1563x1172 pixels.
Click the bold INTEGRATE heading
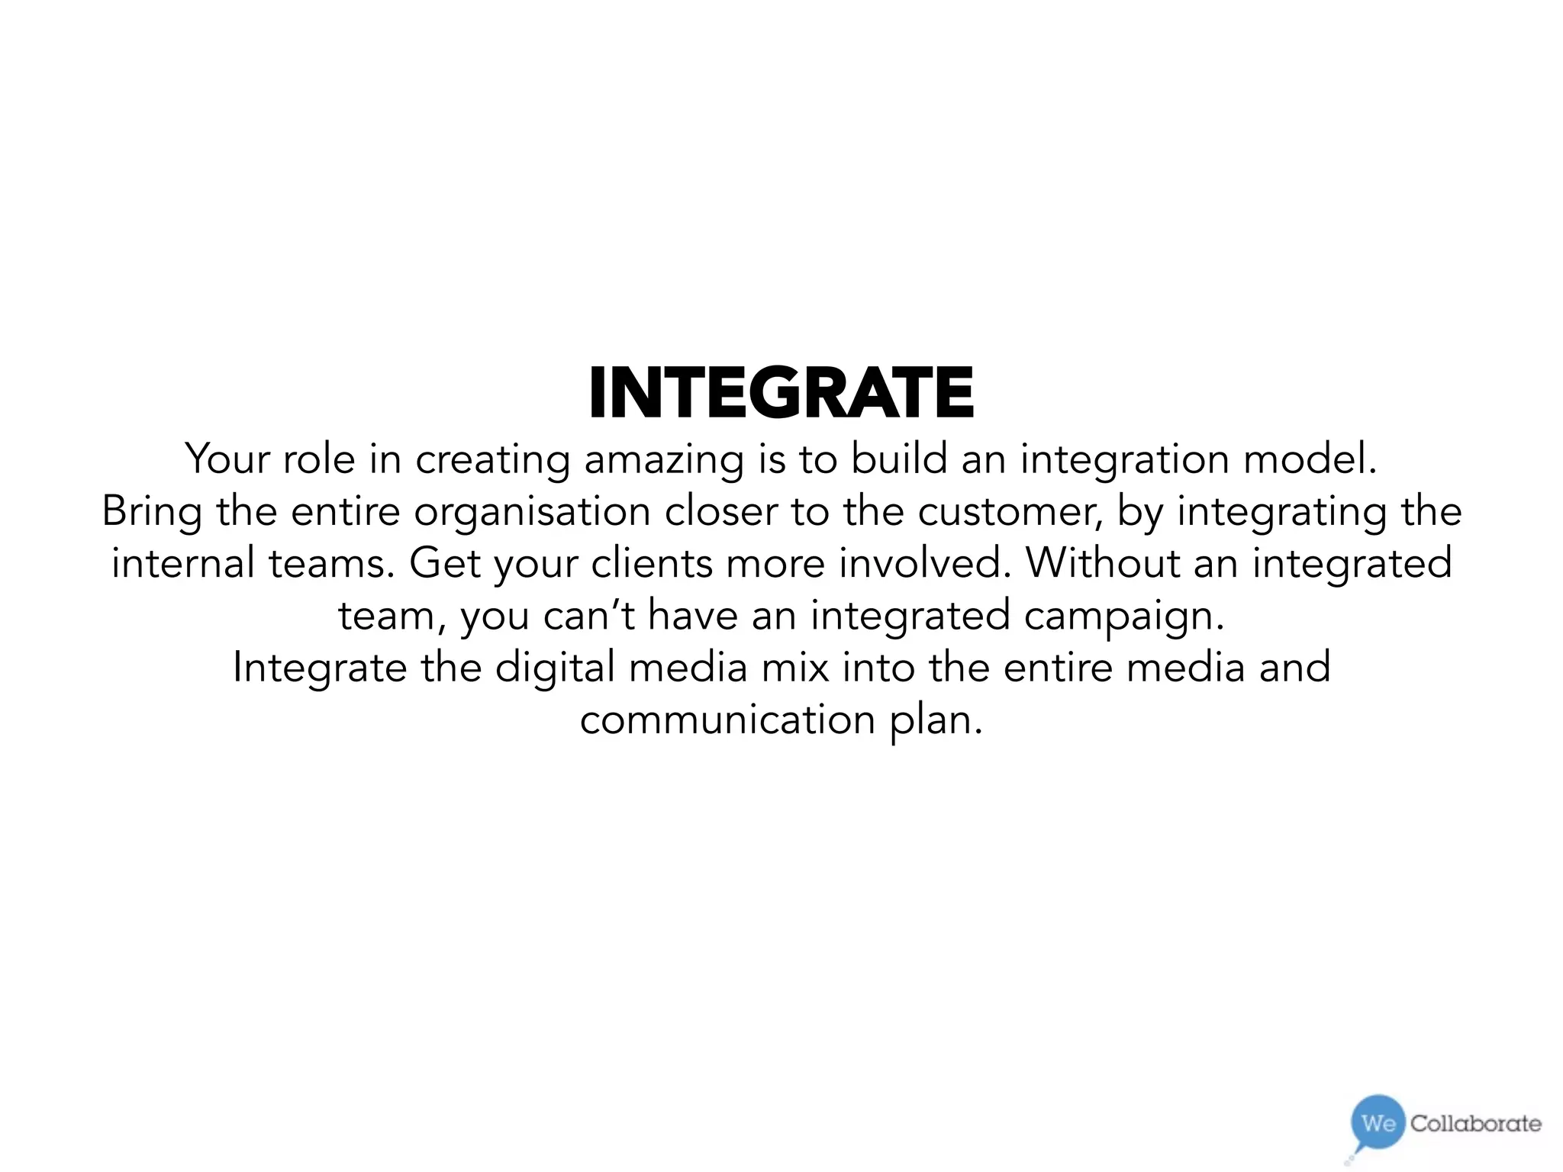(781, 393)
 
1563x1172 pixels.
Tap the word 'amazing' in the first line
(663, 460)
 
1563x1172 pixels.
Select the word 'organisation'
(532, 512)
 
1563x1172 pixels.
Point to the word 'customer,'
(1010, 512)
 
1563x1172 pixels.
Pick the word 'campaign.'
(1123, 616)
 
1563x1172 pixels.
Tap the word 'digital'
(555, 668)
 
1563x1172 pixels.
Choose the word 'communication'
(727, 720)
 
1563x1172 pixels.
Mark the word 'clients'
(652, 564)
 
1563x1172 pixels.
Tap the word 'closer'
(720, 512)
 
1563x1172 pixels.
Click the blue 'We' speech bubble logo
(1378, 1123)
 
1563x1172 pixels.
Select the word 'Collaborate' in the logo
(1475, 1123)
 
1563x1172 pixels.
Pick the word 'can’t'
(588, 616)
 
